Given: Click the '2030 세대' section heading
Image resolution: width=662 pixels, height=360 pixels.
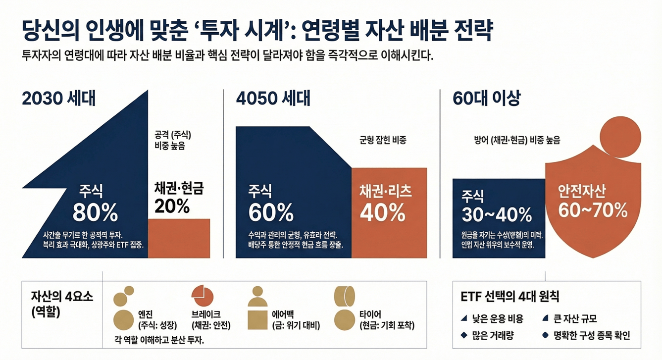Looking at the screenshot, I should [x=58, y=98].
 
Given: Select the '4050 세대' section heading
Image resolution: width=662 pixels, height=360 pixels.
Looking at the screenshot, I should [x=273, y=98].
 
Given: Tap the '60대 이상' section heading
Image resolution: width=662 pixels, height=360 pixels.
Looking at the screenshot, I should [x=486, y=98].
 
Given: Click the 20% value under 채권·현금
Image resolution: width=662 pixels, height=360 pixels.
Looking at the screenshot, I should [x=172, y=205].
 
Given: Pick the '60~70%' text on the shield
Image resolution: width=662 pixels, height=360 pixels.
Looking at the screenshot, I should [x=593, y=210].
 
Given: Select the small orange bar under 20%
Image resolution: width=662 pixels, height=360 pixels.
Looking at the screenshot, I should [x=179, y=238].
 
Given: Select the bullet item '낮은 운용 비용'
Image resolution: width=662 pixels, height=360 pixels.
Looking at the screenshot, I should [x=498, y=319].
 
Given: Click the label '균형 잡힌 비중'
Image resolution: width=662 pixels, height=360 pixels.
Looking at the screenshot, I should [x=383, y=140].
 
